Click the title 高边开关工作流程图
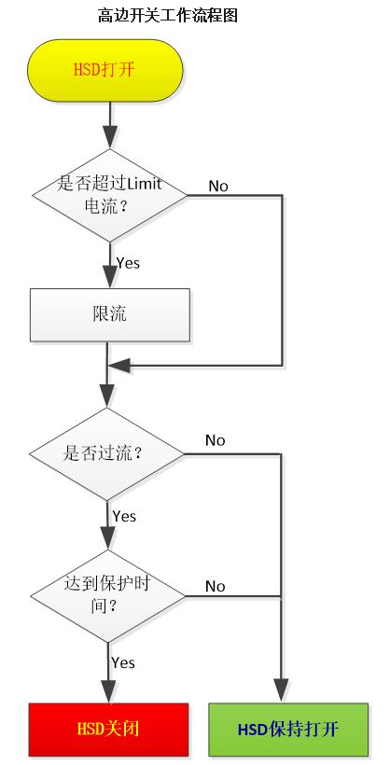[168, 15]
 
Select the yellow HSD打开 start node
[104, 70]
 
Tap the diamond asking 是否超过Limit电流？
[109, 195]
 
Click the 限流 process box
[110, 314]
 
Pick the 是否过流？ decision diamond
[107, 454]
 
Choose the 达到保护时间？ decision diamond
[108, 596]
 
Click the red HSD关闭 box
[108, 730]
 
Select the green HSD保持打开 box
[288, 730]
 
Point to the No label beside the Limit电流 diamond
[218, 186]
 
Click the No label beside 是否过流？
[216, 440]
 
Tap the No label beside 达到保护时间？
[216, 586]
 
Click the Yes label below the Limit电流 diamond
[128, 263]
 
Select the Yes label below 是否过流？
[124, 516]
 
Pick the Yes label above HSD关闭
[123, 662]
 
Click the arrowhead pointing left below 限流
[119, 366]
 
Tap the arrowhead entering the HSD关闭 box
[108, 691]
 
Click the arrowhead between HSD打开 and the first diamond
[110, 137]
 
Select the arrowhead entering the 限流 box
[109, 276]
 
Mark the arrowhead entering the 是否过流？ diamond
[107, 396]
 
